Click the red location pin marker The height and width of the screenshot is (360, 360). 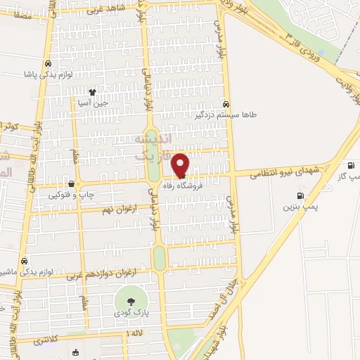[181, 165]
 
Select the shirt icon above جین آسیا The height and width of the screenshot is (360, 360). [91, 92]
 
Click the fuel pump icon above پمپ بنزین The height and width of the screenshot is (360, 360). [301, 196]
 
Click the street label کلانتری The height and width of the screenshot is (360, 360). [48, 340]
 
